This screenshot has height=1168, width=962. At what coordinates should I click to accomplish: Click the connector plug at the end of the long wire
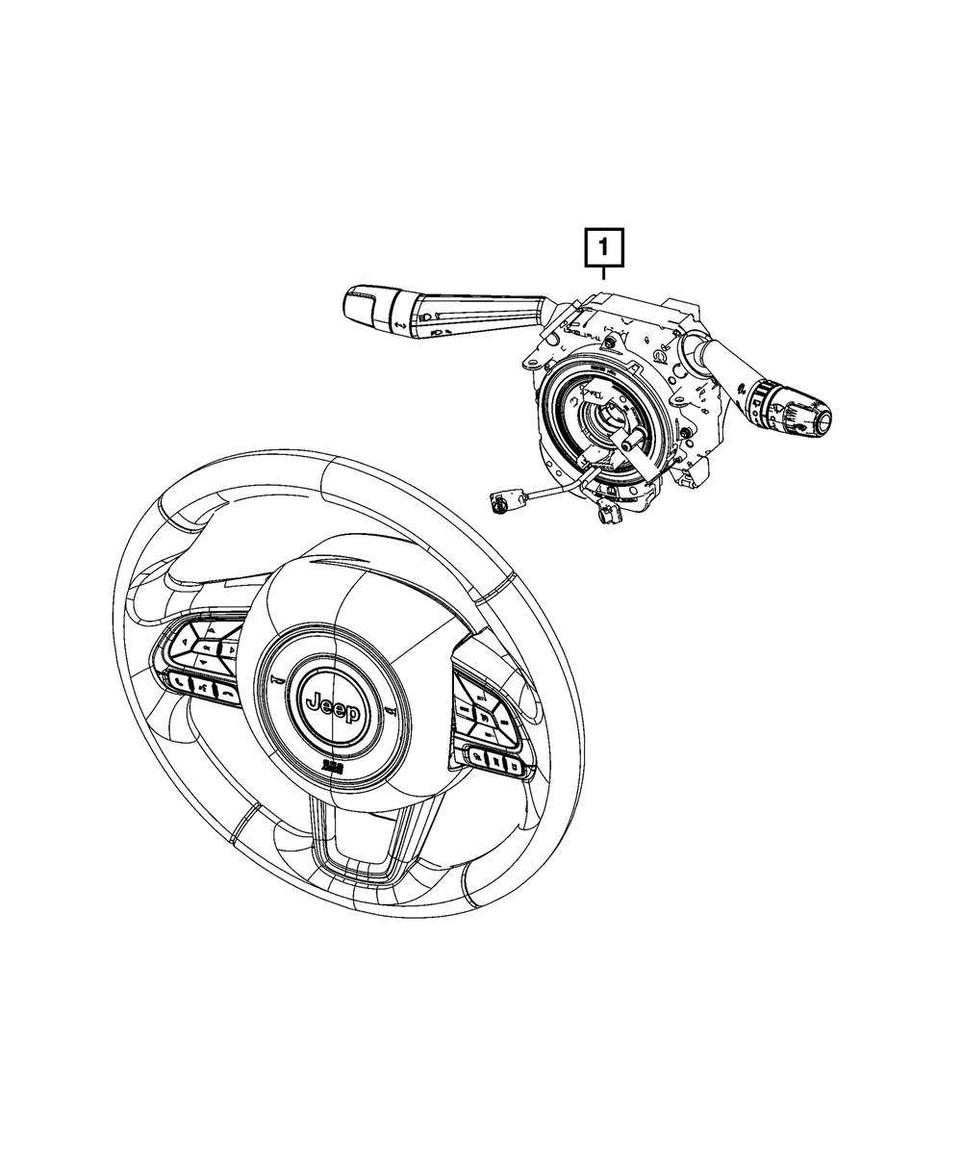(500, 500)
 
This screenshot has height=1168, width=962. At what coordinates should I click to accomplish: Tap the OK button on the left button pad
(206, 649)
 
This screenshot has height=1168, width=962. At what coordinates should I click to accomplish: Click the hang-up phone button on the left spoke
(227, 691)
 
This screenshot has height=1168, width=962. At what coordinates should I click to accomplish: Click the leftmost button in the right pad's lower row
(476, 758)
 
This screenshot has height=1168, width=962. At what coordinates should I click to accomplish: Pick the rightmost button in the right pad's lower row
(516, 767)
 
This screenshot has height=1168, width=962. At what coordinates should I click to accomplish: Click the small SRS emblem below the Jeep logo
(331, 765)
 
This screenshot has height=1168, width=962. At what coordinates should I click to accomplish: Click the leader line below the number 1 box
(603, 273)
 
